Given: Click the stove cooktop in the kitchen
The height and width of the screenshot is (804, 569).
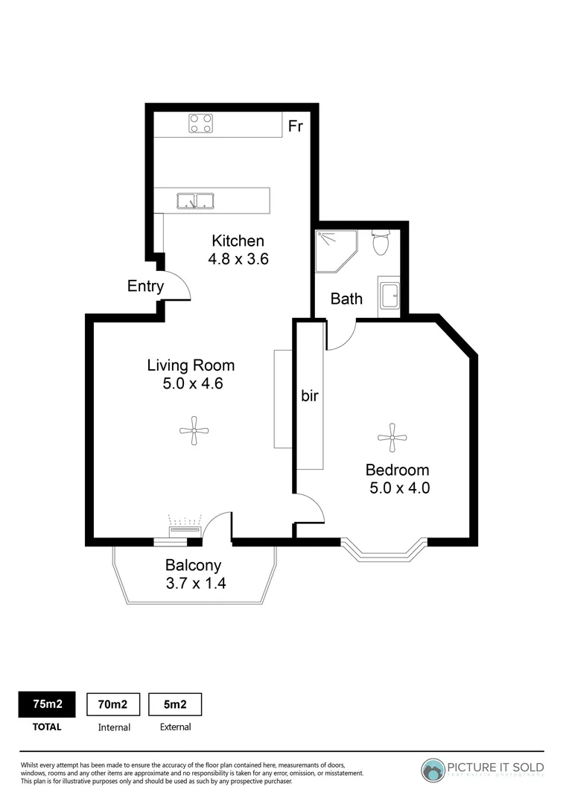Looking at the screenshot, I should [x=200, y=123].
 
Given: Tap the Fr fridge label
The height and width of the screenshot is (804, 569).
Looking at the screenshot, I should [x=296, y=126].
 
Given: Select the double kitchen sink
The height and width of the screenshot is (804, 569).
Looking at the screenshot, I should [x=195, y=200].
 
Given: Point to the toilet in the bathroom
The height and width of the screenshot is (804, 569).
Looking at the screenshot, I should [x=381, y=242].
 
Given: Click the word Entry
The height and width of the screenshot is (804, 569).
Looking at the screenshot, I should [x=145, y=286].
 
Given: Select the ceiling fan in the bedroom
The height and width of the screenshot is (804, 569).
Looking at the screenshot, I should [x=392, y=438].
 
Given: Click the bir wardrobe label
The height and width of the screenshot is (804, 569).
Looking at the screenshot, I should [x=310, y=396].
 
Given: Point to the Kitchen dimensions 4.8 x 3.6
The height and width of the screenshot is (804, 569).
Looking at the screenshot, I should [x=238, y=260].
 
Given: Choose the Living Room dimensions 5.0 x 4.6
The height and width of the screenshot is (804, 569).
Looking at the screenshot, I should [x=191, y=384].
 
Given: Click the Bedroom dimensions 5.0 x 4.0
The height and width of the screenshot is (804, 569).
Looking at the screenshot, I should [x=400, y=488].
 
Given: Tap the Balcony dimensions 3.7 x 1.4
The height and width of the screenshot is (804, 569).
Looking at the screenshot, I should [x=195, y=583].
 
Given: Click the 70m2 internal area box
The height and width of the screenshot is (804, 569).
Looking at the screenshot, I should [x=114, y=704].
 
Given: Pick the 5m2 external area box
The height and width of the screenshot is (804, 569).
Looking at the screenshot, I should [x=175, y=704].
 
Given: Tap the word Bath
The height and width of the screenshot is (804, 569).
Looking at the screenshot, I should [x=346, y=299].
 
